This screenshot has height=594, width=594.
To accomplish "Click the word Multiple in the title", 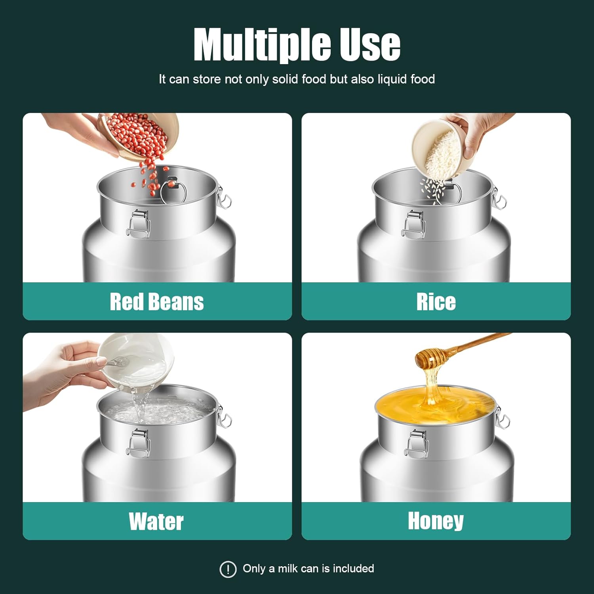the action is tap(262, 44).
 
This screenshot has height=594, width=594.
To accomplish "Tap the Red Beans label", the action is tap(157, 302).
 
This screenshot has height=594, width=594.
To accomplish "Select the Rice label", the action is tap(436, 302).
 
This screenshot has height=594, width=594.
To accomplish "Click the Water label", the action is tap(156, 521).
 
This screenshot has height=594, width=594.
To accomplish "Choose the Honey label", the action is tap(436, 521).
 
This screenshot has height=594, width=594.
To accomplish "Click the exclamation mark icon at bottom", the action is tap(228, 569).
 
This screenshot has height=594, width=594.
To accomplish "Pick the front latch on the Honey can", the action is tap(416, 444).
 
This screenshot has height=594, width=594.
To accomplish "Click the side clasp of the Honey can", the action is tap(502, 417).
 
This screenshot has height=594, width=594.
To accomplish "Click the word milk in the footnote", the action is tap(288, 569).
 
